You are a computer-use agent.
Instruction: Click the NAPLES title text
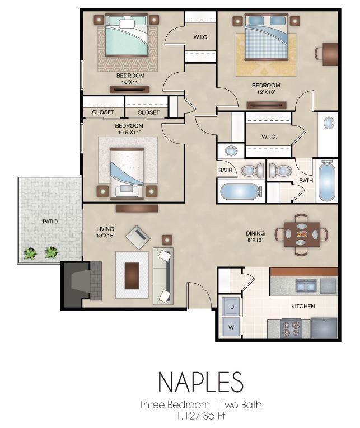click(200, 382)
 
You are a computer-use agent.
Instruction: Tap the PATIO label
click(50, 222)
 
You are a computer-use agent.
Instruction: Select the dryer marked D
click(230, 306)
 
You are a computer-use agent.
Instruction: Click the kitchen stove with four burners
click(290, 328)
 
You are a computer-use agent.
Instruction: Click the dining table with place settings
click(301, 234)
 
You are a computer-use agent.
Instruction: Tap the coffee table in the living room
click(132, 275)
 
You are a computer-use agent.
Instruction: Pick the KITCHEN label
click(302, 307)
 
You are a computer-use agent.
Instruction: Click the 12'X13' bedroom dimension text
click(266, 93)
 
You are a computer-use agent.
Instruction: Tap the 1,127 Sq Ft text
click(200, 416)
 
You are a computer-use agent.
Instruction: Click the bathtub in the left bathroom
click(239, 191)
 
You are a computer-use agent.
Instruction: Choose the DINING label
click(255, 234)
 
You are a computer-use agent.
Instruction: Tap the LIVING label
click(105, 229)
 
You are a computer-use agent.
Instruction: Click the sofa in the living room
click(163, 275)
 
